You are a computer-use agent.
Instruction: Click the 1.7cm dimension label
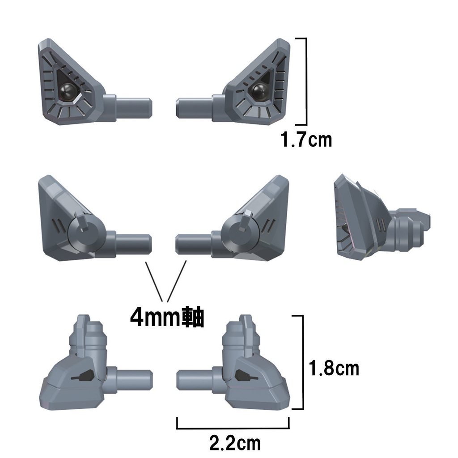tap(306, 140)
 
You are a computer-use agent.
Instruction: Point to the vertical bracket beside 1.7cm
tap(306, 81)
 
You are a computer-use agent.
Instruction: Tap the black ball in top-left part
tap(68, 91)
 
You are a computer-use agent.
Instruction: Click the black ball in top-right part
tap(259, 92)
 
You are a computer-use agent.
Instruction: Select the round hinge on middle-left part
tap(85, 233)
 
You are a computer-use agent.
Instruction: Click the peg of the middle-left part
tap(134, 242)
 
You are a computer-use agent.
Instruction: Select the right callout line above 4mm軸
tap(177, 280)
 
